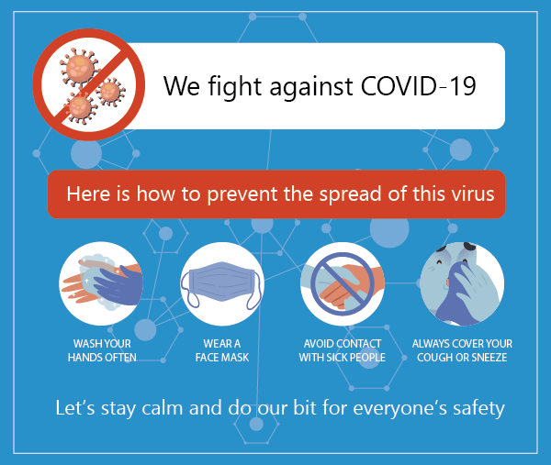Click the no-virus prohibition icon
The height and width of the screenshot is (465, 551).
pos(88,84)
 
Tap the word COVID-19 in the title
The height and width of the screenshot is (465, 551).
pos(418,85)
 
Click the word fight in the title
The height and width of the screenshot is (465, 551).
pos(235,87)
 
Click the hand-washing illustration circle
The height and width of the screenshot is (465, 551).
pos(101,283)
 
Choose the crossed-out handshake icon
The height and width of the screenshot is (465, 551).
pos(343,283)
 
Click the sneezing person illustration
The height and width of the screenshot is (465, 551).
pos(462,283)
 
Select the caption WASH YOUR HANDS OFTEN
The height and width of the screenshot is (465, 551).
pos(102,350)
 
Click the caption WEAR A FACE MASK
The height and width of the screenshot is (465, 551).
pos(222,350)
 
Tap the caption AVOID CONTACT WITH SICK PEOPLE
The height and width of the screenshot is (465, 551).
pos(343,350)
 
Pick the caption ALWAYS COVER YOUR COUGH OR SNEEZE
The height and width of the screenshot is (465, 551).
pos(462,350)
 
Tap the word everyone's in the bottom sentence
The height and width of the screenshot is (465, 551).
pos(399,409)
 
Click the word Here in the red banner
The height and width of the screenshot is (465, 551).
pos(88,194)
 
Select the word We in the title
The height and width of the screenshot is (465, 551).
pos(181,86)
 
